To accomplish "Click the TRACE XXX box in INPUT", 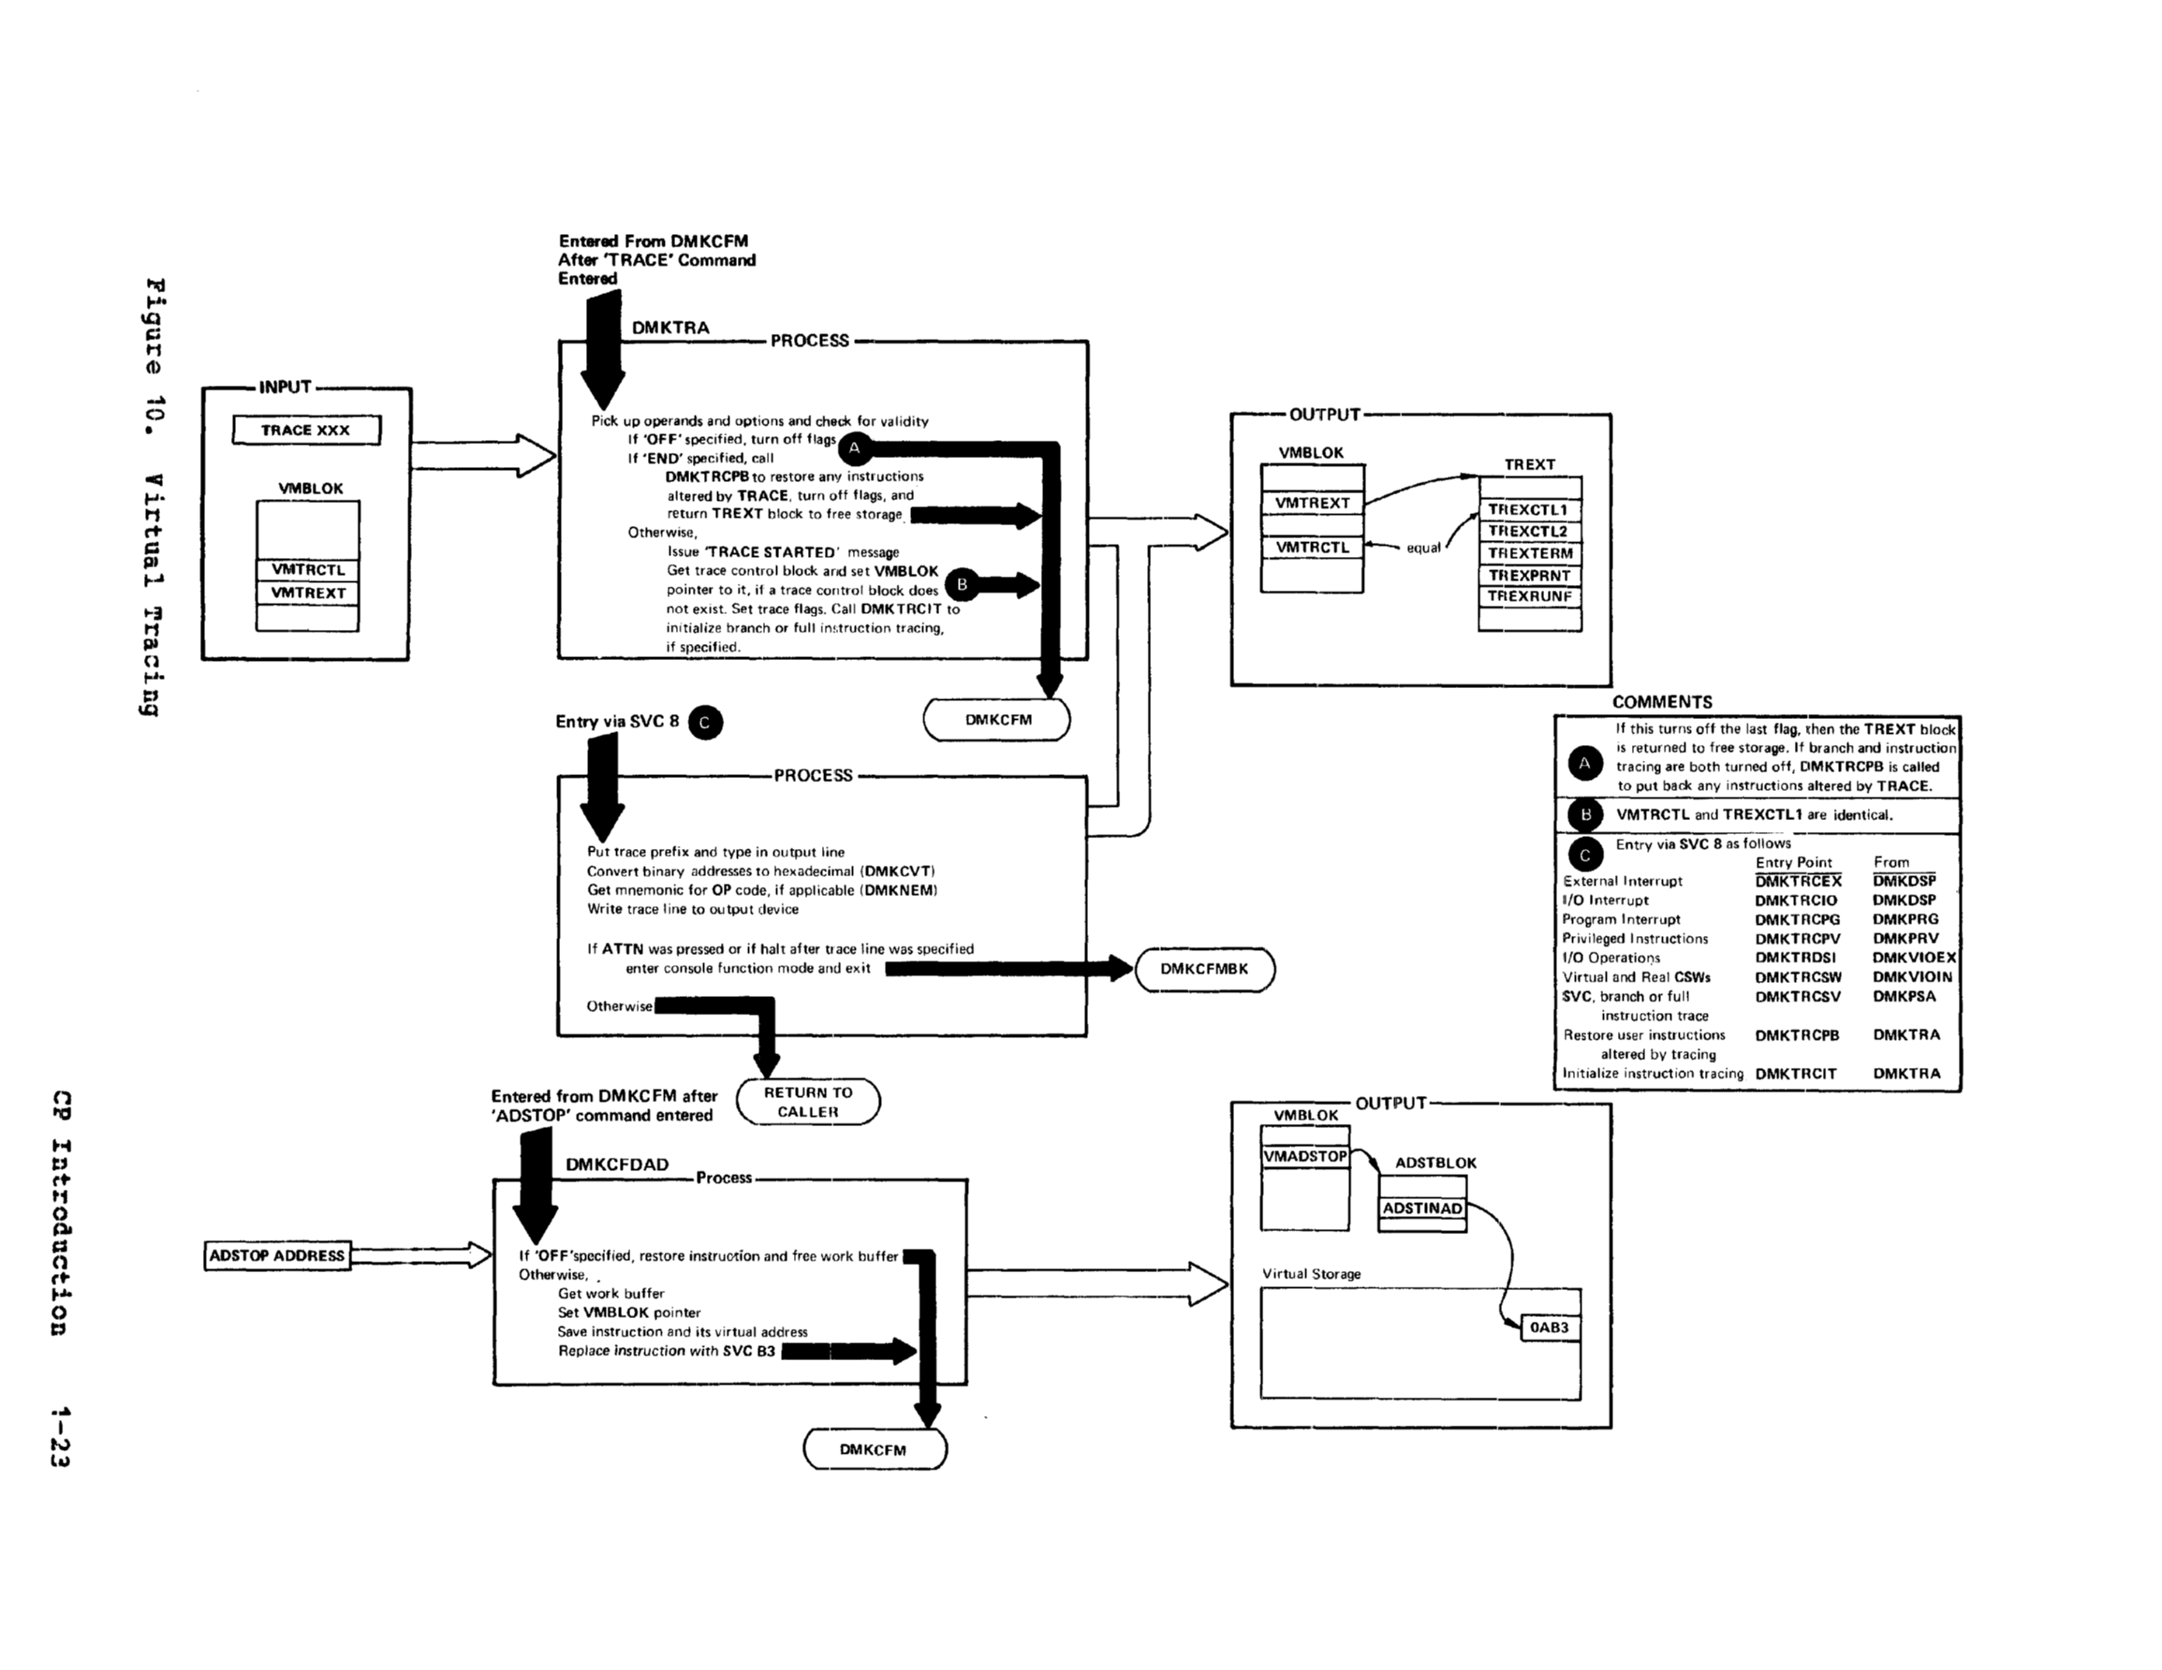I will pyautogui.click(x=306, y=431).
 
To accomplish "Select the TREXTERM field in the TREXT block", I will pyautogui.click(x=1529, y=553).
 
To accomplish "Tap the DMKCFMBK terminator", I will pyautogui.click(x=1204, y=969).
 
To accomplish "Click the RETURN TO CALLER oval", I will pyautogui.click(x=808, y=1102).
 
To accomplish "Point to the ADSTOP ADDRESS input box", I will pyautogui.click(x=277, y=1256).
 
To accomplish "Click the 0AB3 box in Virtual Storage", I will pyautogui.click(x=1550, y=1327).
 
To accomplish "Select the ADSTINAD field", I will pyautogui.click(x=1421, y=1209).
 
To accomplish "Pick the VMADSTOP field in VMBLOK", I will pyautogui.click(x=1304, y=1156).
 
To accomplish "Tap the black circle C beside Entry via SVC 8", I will pyautogui.click(x=705, y=723).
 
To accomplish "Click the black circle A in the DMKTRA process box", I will pyautogui.click(x=855, y=448).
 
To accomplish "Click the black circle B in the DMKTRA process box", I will pyautogui.click(x=962, y=585).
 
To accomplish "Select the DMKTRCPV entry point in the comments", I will pyautogui.click(x=1797, y=939).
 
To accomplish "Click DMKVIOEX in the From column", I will pyautogui.click(x=1914, y=958).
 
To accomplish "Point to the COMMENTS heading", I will pyautogui.click(x=1661, y=702).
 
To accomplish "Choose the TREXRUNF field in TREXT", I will pyautogui.click(x=1529, y=597).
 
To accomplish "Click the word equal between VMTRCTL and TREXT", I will pyautogui.click(x=1423, y=549).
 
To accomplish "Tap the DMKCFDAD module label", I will pyautogui.click(x=617, y=1165).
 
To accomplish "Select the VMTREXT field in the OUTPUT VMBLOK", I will pyautogui.click(x=1312, y=503).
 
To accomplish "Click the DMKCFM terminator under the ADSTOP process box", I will pyautogui.click(x=873, y=1449).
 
